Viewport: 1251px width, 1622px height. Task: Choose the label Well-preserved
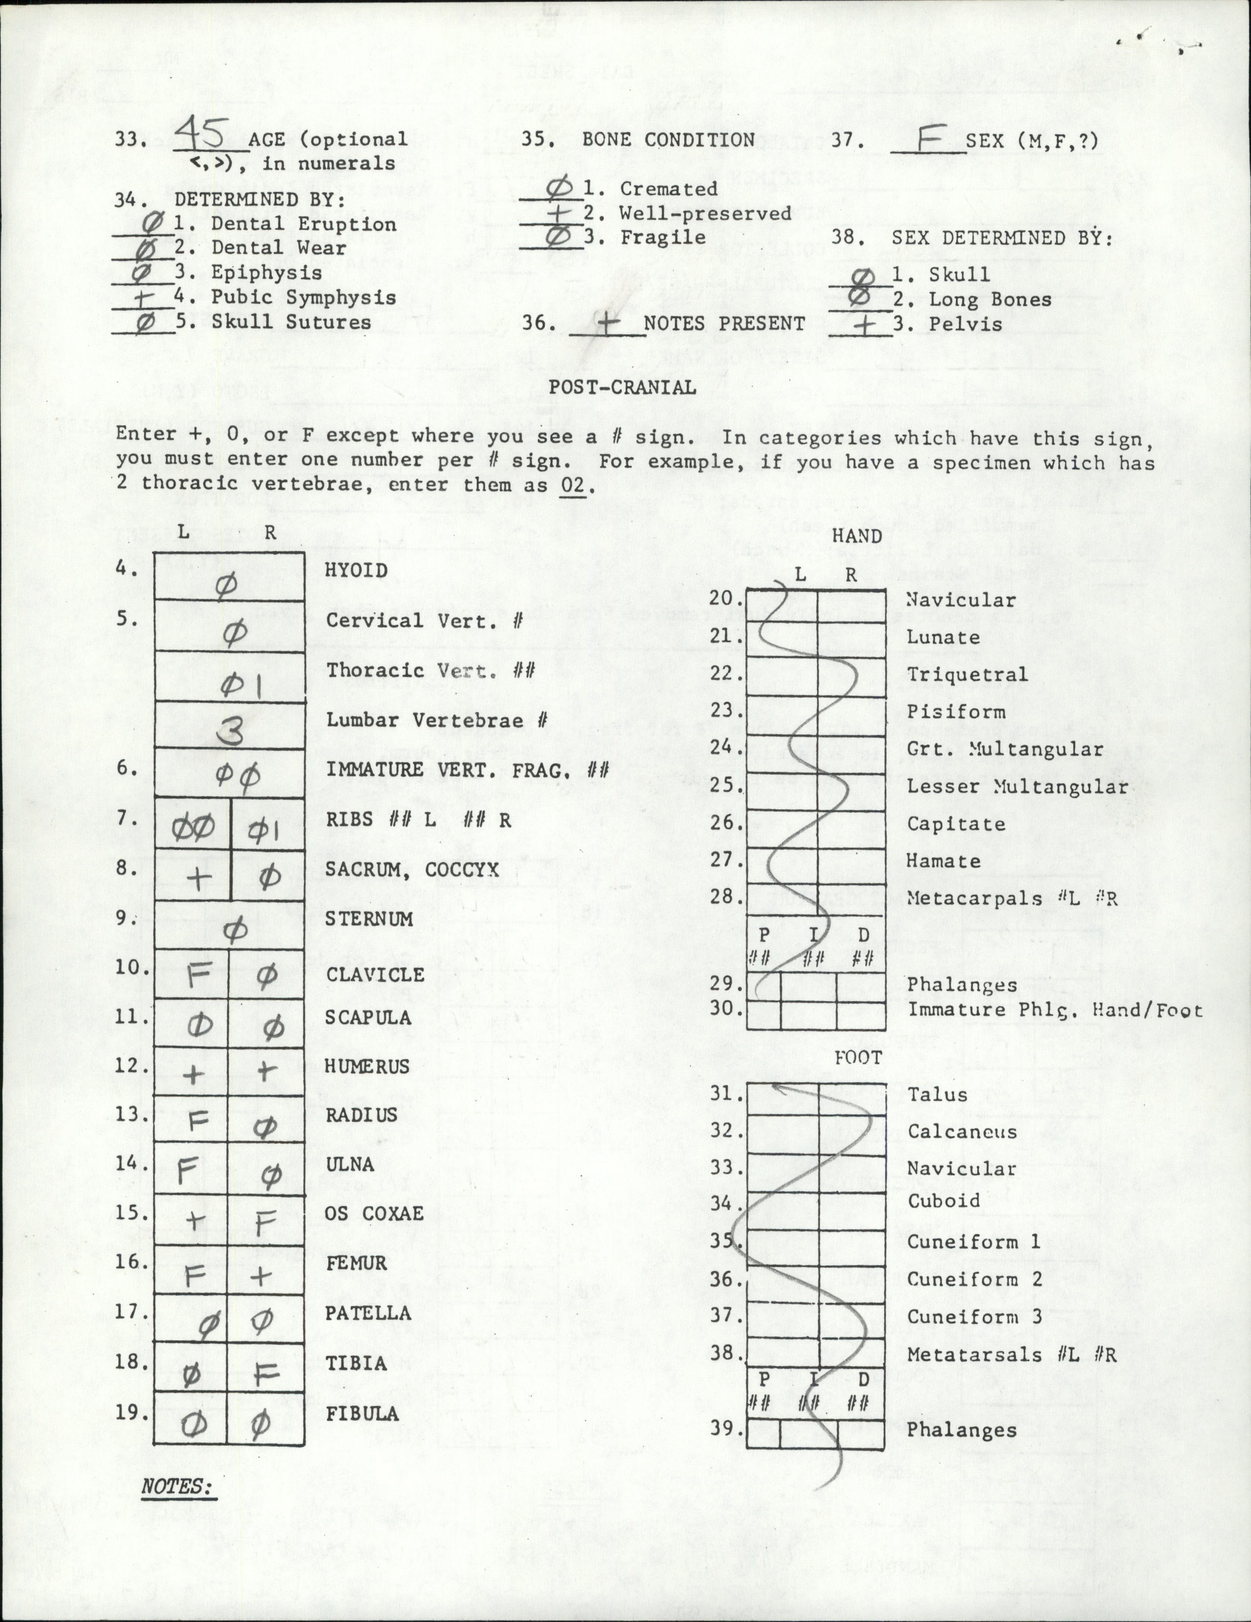pos(705,213)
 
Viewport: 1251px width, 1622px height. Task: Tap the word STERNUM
pos(369,919)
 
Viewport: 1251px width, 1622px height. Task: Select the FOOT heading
pos(858,1058)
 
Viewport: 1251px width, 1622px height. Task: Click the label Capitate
pos(955,824)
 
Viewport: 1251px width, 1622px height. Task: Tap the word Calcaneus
pos(961,1132)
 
